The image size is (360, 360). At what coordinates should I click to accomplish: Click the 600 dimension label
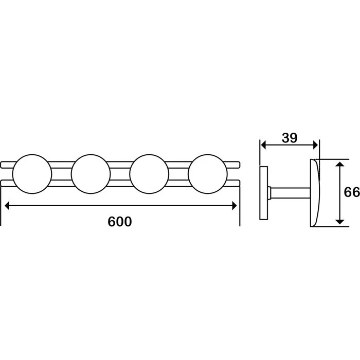(x=120, y=222)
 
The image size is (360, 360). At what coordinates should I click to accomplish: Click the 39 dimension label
(x=290, y=138)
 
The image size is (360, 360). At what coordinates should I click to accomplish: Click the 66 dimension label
(x=351, y=192)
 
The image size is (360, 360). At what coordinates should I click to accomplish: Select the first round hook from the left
(x=32, y=174)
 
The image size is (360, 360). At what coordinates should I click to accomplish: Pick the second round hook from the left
(x=91, y=174)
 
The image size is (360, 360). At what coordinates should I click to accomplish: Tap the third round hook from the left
(x=149, y=174)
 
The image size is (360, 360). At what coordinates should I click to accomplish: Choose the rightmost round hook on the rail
(x=208, y=174)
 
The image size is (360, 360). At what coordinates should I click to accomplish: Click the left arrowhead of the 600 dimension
(x=7, y=206)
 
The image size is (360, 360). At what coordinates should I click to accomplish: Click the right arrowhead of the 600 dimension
(x=235, y=206)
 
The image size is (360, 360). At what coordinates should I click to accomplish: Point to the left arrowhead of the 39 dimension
(x=263, y=145)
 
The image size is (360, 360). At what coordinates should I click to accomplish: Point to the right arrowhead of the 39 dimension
(x=315, y=145)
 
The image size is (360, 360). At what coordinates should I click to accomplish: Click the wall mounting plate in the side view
(x=264, y=193)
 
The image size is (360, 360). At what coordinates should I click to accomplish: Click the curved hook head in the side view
(x=315, y=193)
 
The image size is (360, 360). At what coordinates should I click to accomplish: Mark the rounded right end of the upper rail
(x=239, y=165)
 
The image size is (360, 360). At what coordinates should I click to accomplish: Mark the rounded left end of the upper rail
(x=2, y=165)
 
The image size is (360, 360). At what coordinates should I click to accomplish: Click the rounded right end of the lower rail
(x=239, y=183)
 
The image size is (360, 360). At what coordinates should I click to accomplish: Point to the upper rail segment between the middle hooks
(x=120, y=165)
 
